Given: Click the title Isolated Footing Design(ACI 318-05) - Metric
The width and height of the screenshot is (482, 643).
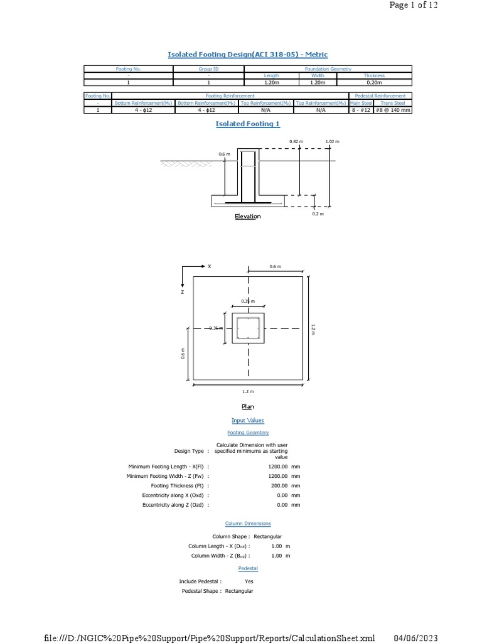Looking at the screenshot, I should (247, 55).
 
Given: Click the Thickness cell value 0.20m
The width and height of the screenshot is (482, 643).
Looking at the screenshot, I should (374, 82).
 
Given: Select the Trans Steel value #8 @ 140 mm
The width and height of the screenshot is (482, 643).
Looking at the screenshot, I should (393, 110).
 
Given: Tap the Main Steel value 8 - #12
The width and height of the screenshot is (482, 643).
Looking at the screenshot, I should (361, 110).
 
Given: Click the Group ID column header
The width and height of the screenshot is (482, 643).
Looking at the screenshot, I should (208, 68).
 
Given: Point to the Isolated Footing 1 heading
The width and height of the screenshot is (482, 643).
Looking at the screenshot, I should (248, 124).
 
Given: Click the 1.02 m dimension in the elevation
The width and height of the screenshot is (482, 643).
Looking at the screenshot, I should (332, 142).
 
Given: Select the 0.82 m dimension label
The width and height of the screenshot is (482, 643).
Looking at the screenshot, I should (296, 142).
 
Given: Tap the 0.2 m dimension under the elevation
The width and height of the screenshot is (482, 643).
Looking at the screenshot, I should (318, 214).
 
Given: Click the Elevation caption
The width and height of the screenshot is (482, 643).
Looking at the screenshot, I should (247, 217).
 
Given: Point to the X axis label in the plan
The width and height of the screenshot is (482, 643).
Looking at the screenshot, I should (210, 266).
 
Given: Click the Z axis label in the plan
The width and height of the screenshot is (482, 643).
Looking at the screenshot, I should (182, 293).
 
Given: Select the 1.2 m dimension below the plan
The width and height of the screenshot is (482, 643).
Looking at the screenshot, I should (248, 391).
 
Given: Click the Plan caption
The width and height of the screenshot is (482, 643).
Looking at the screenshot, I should (248, 407).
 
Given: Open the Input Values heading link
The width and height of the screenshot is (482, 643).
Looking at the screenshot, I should (248, 421).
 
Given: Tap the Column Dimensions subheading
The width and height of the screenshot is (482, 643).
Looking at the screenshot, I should (248, 524).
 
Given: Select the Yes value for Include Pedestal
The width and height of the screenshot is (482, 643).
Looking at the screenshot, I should (249, 581).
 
